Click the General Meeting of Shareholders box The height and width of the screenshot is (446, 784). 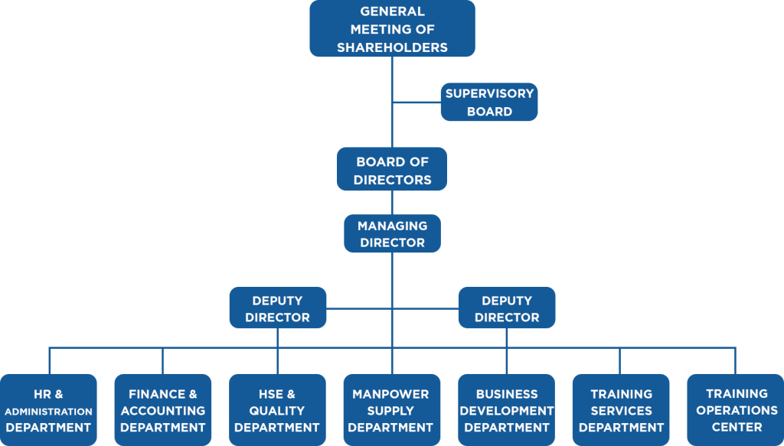click(392, 28)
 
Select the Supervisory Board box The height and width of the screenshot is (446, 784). click(489, 102)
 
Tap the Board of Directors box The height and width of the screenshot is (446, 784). click(392, 169)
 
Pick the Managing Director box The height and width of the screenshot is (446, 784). click(392, 233)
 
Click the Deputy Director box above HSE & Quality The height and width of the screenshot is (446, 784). click(277, 308)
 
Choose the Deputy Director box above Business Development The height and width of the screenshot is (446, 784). click(507, 308)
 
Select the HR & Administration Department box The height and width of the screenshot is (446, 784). click(48, 409)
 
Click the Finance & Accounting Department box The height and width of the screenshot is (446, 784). click(163, 409)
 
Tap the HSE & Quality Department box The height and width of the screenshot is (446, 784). click(277, 409)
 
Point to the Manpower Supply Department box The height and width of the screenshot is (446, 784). click(392, 409)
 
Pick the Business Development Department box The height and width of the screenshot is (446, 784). click(507, 409)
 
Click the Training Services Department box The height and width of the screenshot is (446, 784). click(621, 409)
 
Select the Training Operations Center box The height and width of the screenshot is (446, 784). click(736, 409)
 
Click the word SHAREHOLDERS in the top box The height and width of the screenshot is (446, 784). click(392, 47)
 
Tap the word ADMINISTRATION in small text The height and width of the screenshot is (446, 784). click(48, 412)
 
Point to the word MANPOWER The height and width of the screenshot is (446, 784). click(390, 394)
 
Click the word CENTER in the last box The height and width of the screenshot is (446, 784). click(737, 427)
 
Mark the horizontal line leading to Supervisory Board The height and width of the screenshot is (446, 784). click(416, 103)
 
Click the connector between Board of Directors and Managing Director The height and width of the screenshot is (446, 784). click(392, 202)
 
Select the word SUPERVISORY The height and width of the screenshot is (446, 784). click(489, 93)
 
